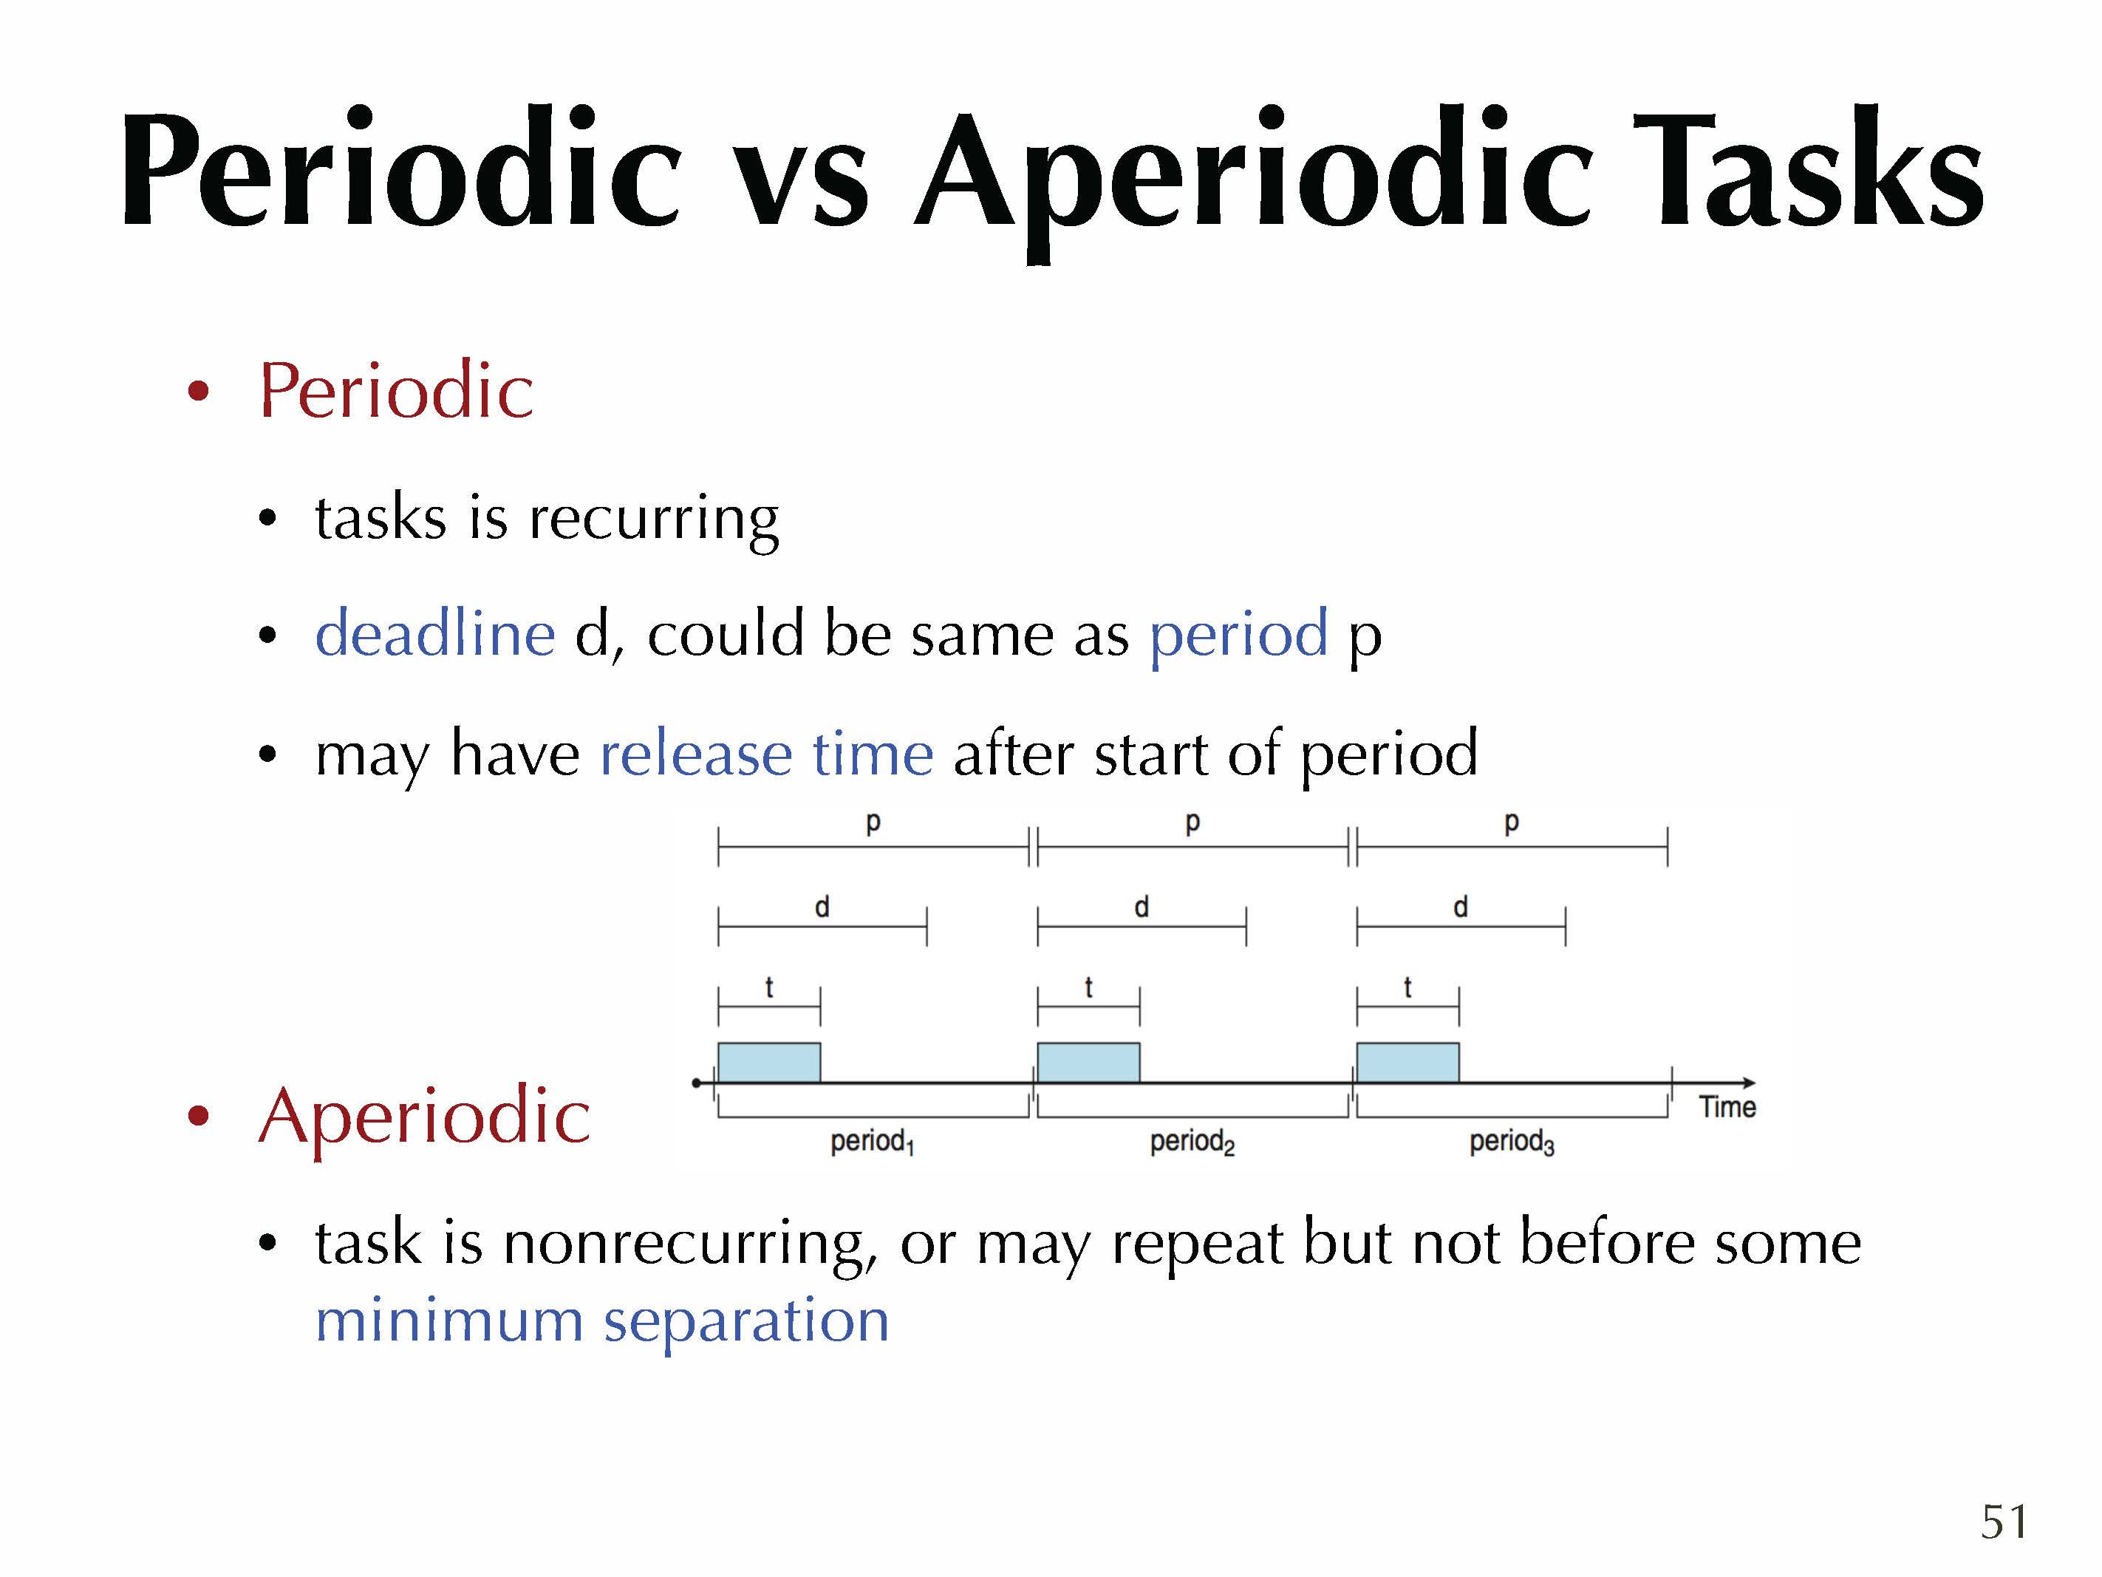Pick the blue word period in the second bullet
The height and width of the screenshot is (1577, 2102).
[1238, 637]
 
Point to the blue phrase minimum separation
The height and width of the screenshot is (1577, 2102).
[602, 1321]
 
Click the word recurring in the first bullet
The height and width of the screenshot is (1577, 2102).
[654, 520]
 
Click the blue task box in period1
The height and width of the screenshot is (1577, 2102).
[769, 1063]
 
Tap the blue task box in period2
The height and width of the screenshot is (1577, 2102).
[1088, 1063]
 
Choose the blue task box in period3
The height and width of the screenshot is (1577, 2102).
[1407, 1063]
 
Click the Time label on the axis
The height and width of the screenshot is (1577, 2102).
[1727, 1106]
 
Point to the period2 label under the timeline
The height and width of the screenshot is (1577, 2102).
[1192, 1142]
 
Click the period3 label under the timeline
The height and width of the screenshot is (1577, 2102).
[1512, 1142]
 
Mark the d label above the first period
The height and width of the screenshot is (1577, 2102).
[822, 907]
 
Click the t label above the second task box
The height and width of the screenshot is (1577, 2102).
[1089, 987]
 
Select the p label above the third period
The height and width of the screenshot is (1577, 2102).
[1512, 822]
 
